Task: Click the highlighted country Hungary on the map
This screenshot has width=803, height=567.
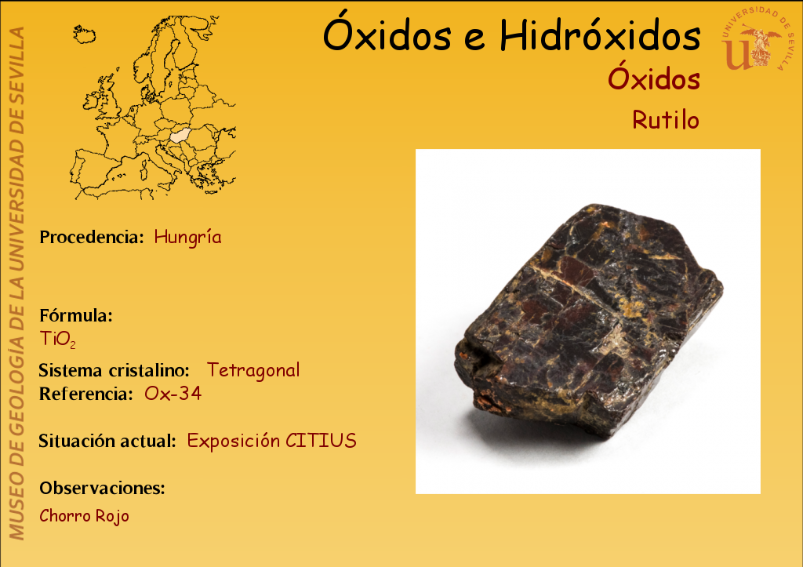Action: [x=180, y=136]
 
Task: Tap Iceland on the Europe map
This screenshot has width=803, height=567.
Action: [x=85, y=35]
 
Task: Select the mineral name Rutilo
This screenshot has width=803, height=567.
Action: [x=666, y=120]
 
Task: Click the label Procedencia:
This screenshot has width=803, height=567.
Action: [x=91, y=237]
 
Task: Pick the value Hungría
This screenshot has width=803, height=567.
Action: [x=188, y=237]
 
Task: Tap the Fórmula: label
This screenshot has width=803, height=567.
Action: [x=76, y=315]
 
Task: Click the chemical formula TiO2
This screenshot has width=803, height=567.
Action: [x=58, y=339]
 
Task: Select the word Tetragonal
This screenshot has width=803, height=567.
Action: [x=253, y=370]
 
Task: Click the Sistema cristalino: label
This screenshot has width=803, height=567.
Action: [x=114, y=370]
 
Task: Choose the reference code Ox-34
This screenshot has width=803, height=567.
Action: [x=173, y=394]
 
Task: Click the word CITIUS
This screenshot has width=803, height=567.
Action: [x=321, y=441]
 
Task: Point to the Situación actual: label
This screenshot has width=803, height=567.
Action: [x=107, y=441]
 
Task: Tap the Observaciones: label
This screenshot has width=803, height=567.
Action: [x=102, y=488]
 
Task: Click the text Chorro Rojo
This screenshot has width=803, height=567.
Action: [x=84, y=516]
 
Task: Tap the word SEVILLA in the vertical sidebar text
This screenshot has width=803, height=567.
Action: [x=17, y=60]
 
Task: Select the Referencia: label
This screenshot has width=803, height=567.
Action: [x=85, y=394]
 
